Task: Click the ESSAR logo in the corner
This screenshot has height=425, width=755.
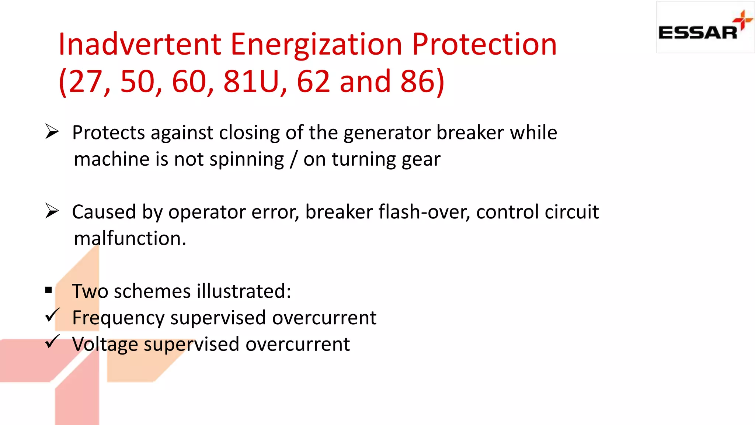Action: [x=705, y=27]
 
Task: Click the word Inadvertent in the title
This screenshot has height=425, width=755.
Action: [x=140, y=44]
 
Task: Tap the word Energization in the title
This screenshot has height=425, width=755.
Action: [x=316, y=44]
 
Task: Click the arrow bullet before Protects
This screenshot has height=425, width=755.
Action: [x=52, y=132]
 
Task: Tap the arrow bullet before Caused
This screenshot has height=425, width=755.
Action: [x=52, y=211]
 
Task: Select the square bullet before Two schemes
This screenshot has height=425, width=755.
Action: [x=49, y=290]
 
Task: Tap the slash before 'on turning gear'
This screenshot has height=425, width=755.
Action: [x=293, y=159]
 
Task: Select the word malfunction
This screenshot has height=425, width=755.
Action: [x=130, y=238]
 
